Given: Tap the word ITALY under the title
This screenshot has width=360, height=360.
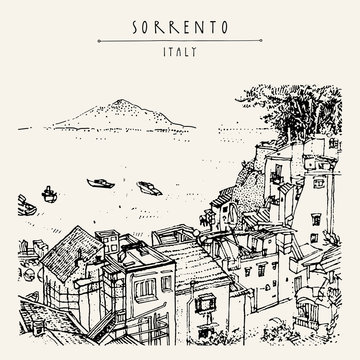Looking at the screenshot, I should coord(180,45).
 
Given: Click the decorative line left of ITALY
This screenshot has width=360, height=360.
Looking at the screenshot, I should coord(135,45).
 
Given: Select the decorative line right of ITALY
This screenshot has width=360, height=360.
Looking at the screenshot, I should coord(227,45).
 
